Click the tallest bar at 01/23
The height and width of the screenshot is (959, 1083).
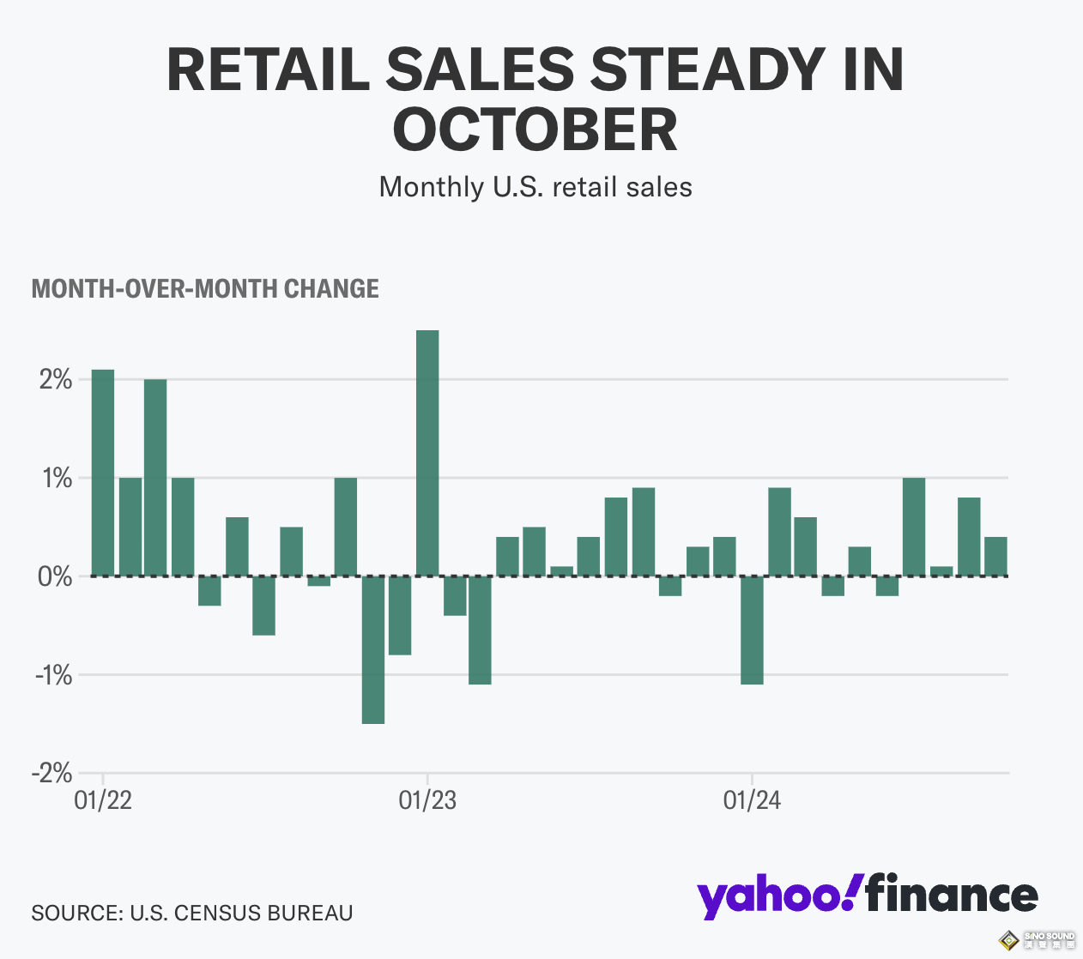427,453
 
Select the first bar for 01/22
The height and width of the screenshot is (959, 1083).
103,473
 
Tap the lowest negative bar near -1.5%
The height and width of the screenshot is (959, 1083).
373,649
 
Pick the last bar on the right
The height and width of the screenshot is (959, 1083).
995,556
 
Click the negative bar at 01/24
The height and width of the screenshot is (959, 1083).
752,630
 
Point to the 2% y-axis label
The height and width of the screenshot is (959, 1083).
56,379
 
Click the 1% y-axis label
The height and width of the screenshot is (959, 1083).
56,478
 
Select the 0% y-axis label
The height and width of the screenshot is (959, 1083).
56,576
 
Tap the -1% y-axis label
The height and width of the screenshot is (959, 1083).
52,675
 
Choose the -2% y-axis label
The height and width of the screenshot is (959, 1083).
52,773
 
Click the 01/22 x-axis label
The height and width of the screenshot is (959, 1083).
103,801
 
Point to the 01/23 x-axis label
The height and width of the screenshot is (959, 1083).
427,801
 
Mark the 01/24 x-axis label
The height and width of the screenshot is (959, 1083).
752,801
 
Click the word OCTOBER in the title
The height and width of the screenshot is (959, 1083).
535,130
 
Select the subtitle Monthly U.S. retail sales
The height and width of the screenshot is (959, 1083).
535,187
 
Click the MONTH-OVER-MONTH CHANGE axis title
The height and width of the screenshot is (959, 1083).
205,288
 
